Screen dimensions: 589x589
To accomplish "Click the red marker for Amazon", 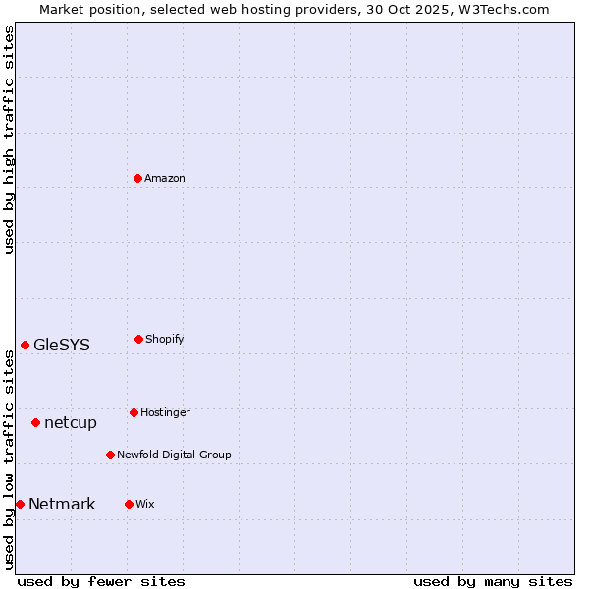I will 138,178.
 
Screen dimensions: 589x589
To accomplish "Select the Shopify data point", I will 138,339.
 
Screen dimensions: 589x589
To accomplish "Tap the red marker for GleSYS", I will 25,345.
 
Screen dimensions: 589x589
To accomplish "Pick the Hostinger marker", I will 134,412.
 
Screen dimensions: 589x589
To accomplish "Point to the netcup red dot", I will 35,422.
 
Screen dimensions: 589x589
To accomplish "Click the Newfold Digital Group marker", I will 110,455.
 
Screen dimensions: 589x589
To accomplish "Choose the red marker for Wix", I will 129,504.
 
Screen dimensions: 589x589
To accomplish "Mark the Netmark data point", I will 20,504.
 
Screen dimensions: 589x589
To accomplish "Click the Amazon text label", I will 165,178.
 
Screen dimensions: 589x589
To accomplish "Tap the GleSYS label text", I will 62,345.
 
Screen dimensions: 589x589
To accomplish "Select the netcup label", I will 71,422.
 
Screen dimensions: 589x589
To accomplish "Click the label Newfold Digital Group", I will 174,455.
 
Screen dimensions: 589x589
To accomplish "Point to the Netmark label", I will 62,504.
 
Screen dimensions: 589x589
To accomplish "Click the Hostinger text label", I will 165,412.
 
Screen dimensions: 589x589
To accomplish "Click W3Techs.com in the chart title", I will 503,9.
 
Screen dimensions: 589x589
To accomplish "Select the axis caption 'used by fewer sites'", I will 101,581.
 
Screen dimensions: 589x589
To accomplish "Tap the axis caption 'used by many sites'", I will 493,581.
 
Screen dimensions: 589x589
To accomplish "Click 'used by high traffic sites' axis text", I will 9,139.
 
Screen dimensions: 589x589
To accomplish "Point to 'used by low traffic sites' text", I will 9,459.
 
